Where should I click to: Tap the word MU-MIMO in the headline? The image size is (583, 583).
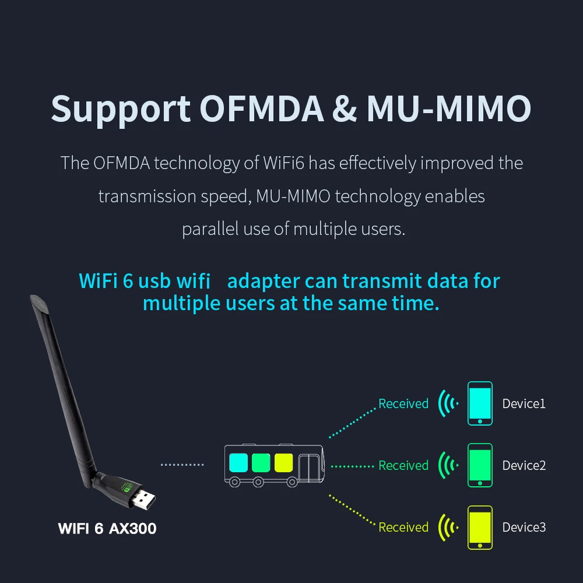click(449, 108)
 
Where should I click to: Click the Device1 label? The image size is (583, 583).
click(524, 403)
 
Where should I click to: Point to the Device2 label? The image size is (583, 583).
click(524, 465)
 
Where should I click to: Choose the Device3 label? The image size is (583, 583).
click(524, 527)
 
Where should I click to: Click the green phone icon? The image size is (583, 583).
click(480, 465)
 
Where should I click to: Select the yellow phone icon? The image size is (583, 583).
click(480, 527)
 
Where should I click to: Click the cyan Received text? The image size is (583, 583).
click(403, 403)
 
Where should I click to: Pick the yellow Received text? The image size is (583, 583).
click(403, 527)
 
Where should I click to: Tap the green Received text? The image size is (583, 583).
click(403, 465)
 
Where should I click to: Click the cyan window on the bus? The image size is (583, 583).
click(239, 462)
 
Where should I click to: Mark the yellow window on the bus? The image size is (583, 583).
click(283, 462)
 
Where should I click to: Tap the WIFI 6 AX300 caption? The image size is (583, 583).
click(107, 529)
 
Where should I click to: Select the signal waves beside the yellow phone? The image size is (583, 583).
click(448, 527)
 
